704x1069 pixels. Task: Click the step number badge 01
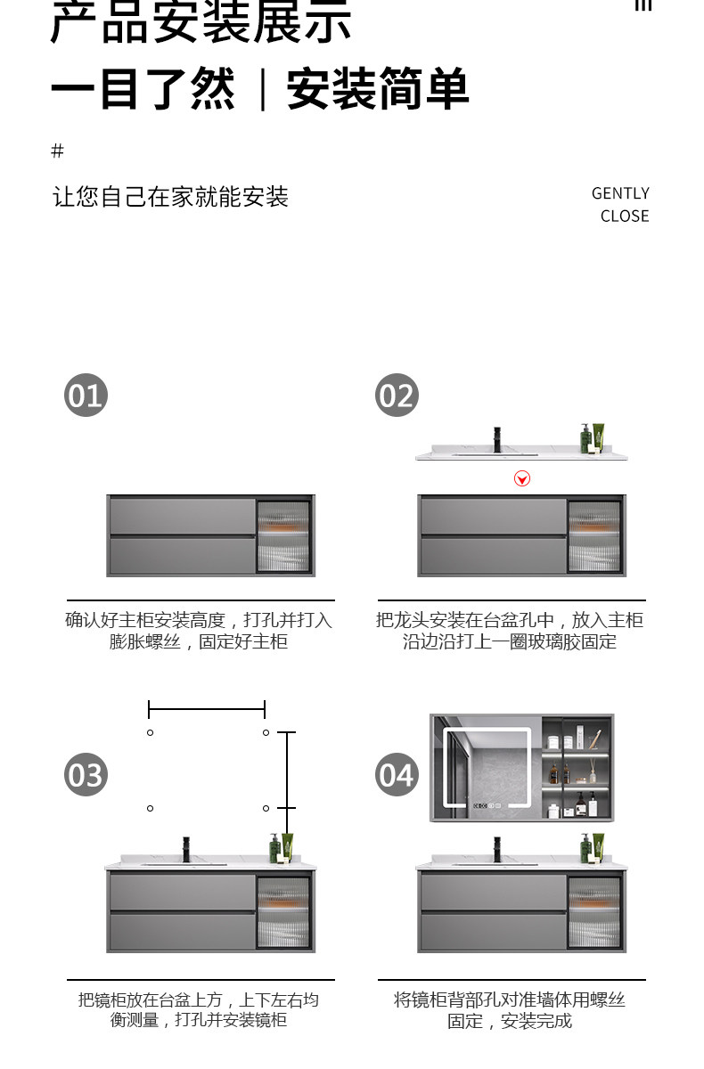[x=86, y=395]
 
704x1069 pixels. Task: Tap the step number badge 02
[x=397, y=395]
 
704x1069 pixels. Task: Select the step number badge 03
[x=86, y=774]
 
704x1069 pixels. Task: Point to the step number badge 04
[x=397, y=774]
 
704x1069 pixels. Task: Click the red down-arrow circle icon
[x=522, y=478]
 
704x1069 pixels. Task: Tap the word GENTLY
[x=620, y=193]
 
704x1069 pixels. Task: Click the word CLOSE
[x=625, y=216]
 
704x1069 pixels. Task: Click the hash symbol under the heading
[x=58, y=151]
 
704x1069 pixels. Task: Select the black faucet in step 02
[x=497, y=439]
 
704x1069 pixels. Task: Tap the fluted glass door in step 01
[x=283, y=535]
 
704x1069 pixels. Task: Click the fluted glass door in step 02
[x=594, y=535]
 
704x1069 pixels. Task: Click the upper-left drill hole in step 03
[x=150, y=732]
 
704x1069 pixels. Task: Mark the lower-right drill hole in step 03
[x=266, y=808]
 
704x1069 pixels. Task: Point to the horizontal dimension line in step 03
[x=207, y=709]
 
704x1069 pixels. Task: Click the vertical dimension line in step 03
[x=286, y=770]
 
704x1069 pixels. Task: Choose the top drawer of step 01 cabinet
[x=182, y=515]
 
